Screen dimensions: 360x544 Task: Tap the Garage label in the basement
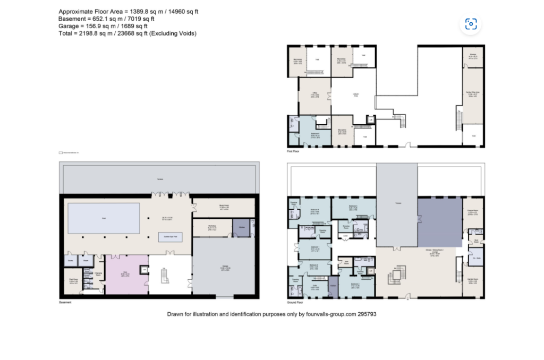click(225, 268)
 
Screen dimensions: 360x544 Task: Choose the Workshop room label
click(211, 227)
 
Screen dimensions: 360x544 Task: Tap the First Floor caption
click(294, 151)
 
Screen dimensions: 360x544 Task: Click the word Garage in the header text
click(70, 25)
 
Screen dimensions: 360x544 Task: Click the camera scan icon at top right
click(471, 24)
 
